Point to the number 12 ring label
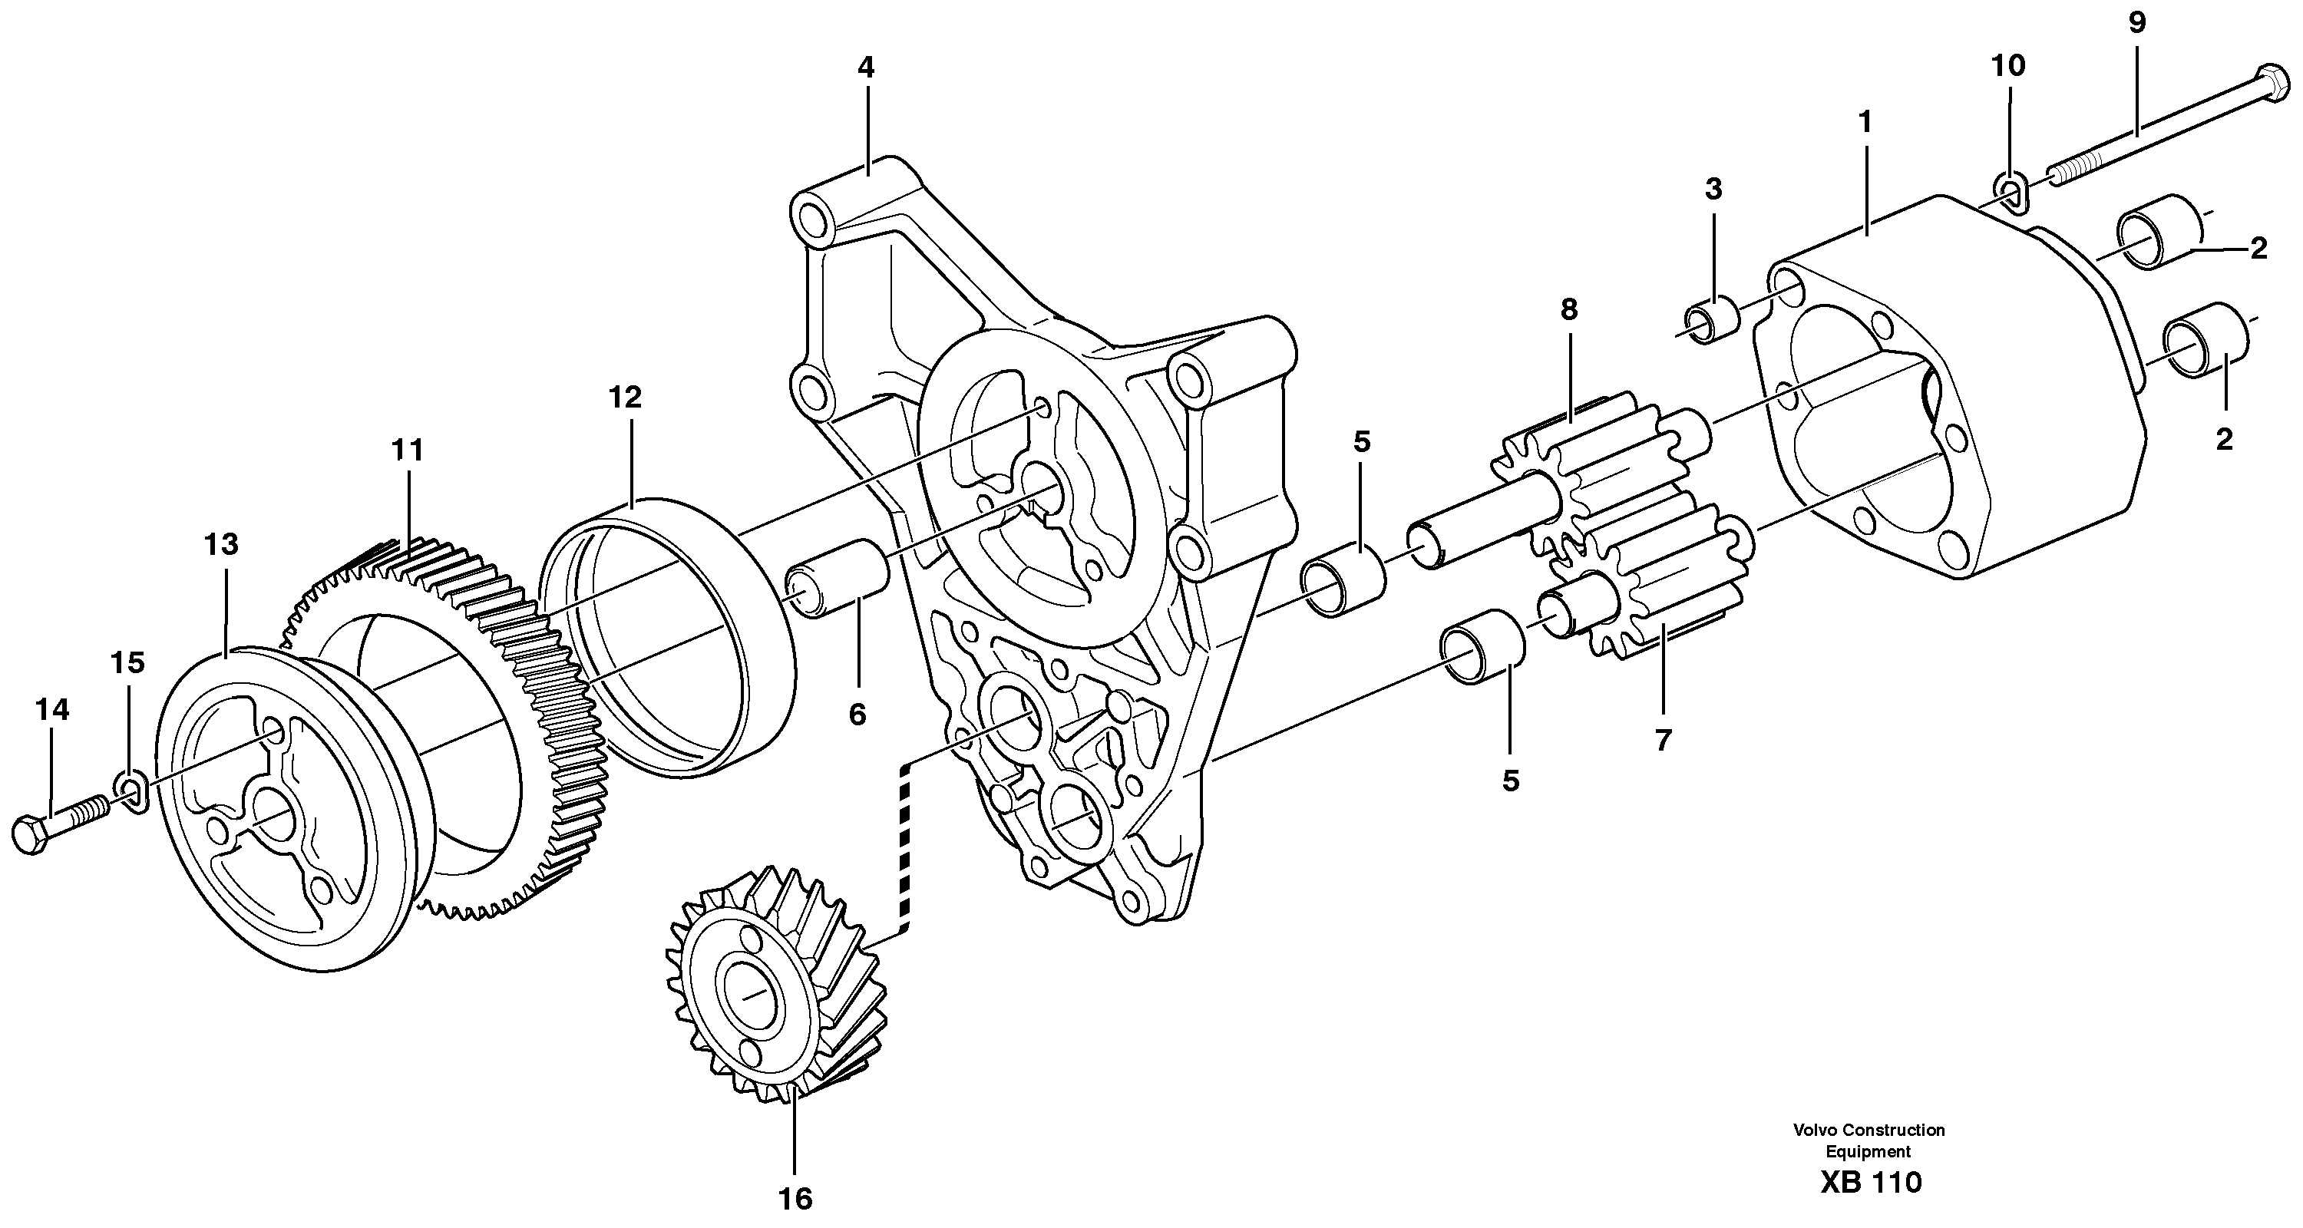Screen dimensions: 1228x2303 click(x=625, y=398)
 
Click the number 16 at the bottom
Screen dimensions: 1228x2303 click(x=795, y=1199)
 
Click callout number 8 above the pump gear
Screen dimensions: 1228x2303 click(x=1569, y=309)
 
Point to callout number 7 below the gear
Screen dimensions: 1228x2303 click(x=1663, y=740)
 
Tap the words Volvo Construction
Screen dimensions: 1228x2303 click(x=1869, y=1131)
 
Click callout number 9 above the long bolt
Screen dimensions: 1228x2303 click(x=2136, y=23)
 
